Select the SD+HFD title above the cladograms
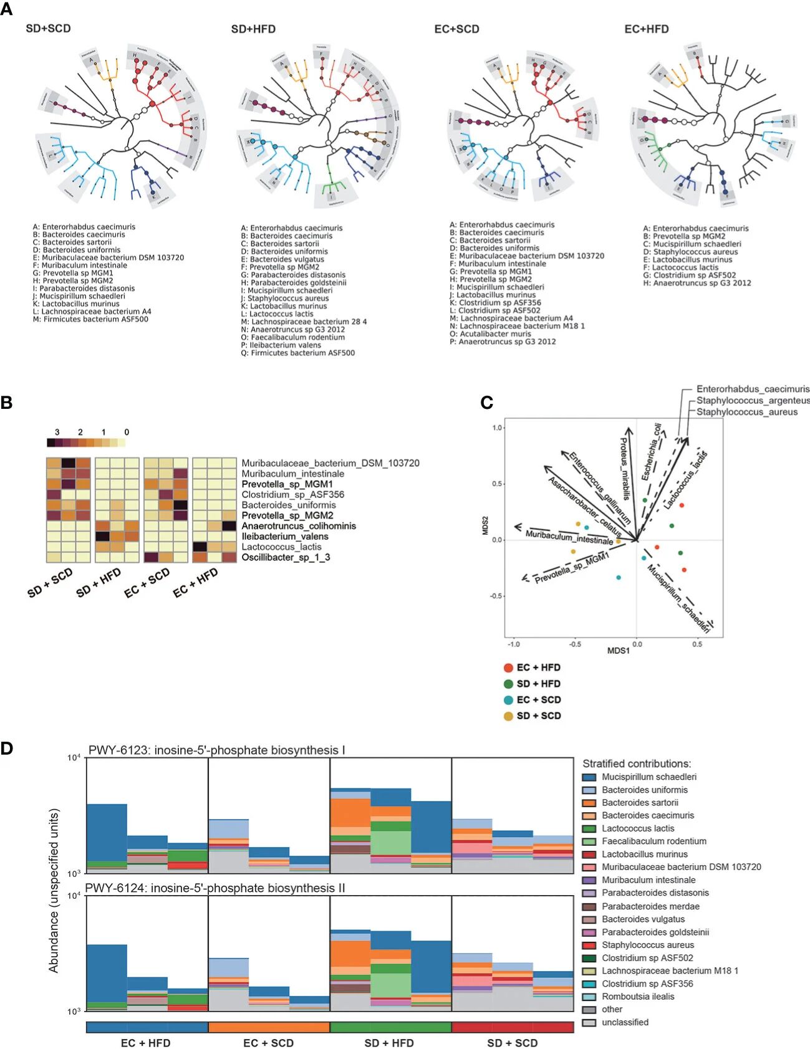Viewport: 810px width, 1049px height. (253, 29)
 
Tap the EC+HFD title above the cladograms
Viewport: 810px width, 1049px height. (647, 29)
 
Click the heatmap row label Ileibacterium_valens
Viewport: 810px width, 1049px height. (285, 537)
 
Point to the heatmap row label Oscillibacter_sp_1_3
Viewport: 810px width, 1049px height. (286, 557)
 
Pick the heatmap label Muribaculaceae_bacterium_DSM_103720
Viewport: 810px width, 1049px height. (330, 463)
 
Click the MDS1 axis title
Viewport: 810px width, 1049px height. (619, 651)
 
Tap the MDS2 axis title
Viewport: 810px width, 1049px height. (485, 525)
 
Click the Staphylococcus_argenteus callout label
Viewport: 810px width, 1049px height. (753, 400)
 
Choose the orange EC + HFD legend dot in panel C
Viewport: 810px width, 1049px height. (509, 668)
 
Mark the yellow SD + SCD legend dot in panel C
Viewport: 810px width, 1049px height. (509, 716)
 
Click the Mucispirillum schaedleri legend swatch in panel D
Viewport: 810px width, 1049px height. (589, 777)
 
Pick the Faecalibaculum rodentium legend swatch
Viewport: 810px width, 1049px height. (589, 841)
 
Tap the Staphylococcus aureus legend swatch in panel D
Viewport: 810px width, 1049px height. (589, 945)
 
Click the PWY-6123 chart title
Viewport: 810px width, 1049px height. (216, 750)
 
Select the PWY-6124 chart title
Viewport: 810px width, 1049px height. (215, 888)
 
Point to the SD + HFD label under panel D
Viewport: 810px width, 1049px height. (389, 1043)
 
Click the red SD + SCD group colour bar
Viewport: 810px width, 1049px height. (512, 1027)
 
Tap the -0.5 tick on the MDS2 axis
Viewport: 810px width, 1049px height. (497, 596)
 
